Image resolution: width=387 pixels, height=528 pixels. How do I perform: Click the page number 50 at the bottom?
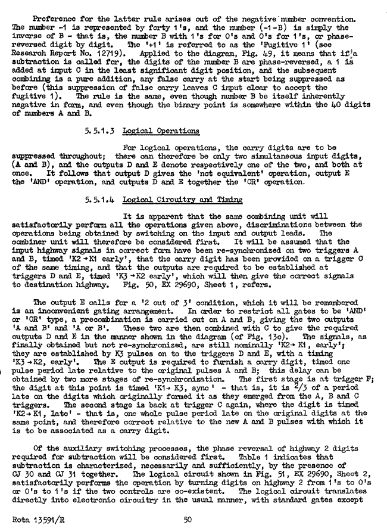pos(187,520)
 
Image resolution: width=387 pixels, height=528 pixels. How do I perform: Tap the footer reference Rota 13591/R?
pos(37,520)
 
